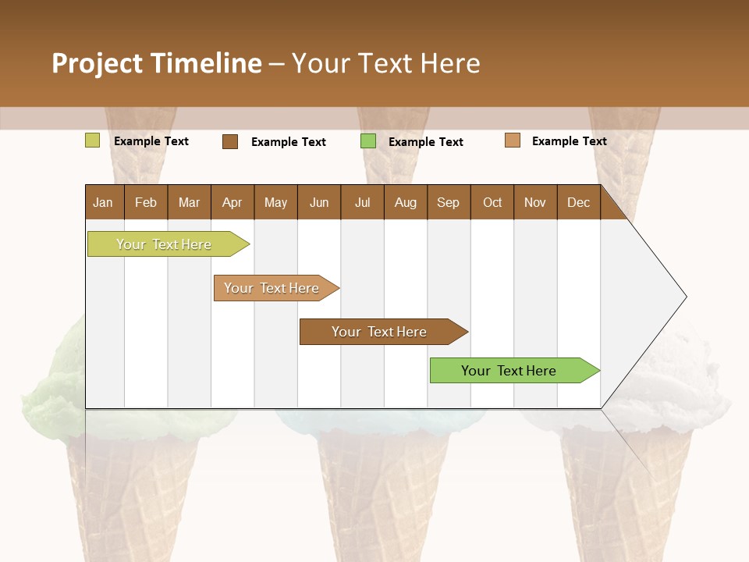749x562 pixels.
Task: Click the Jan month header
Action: coord(103,202)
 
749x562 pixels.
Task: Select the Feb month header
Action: coord(146,202)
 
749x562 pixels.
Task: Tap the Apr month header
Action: coord(232,202)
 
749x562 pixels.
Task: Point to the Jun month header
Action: coord(319,202)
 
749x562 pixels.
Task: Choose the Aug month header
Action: coord(405,202)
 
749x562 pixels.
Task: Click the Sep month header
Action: coord(448,202)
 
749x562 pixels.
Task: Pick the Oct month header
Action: coord(492,202)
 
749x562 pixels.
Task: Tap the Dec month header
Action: coord(578,202)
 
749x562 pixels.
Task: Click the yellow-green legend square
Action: coord(93,140)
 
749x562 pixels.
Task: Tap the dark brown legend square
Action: coord(230,141)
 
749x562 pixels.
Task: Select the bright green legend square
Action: coord(368,141)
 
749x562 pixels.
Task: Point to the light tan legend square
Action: coord(513,140)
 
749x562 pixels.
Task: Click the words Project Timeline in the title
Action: coord(157,63)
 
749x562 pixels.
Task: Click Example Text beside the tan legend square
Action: coord(569,140)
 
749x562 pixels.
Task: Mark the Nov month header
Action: coord(535,202)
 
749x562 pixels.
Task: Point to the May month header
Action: coord(275,202)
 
